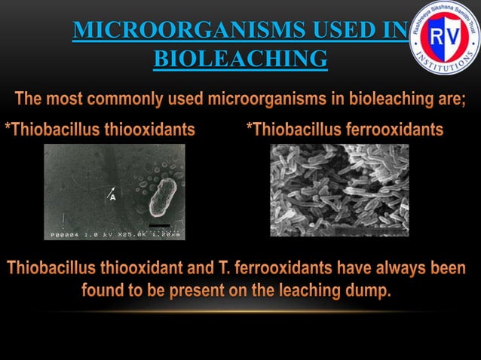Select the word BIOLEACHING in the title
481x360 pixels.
240,58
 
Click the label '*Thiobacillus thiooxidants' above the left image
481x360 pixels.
100,130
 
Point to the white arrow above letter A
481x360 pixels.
112,188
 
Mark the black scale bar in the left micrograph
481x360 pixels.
159,224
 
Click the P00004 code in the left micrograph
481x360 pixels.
66,235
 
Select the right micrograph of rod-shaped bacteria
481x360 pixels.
339,190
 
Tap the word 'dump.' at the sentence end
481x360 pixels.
370,291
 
